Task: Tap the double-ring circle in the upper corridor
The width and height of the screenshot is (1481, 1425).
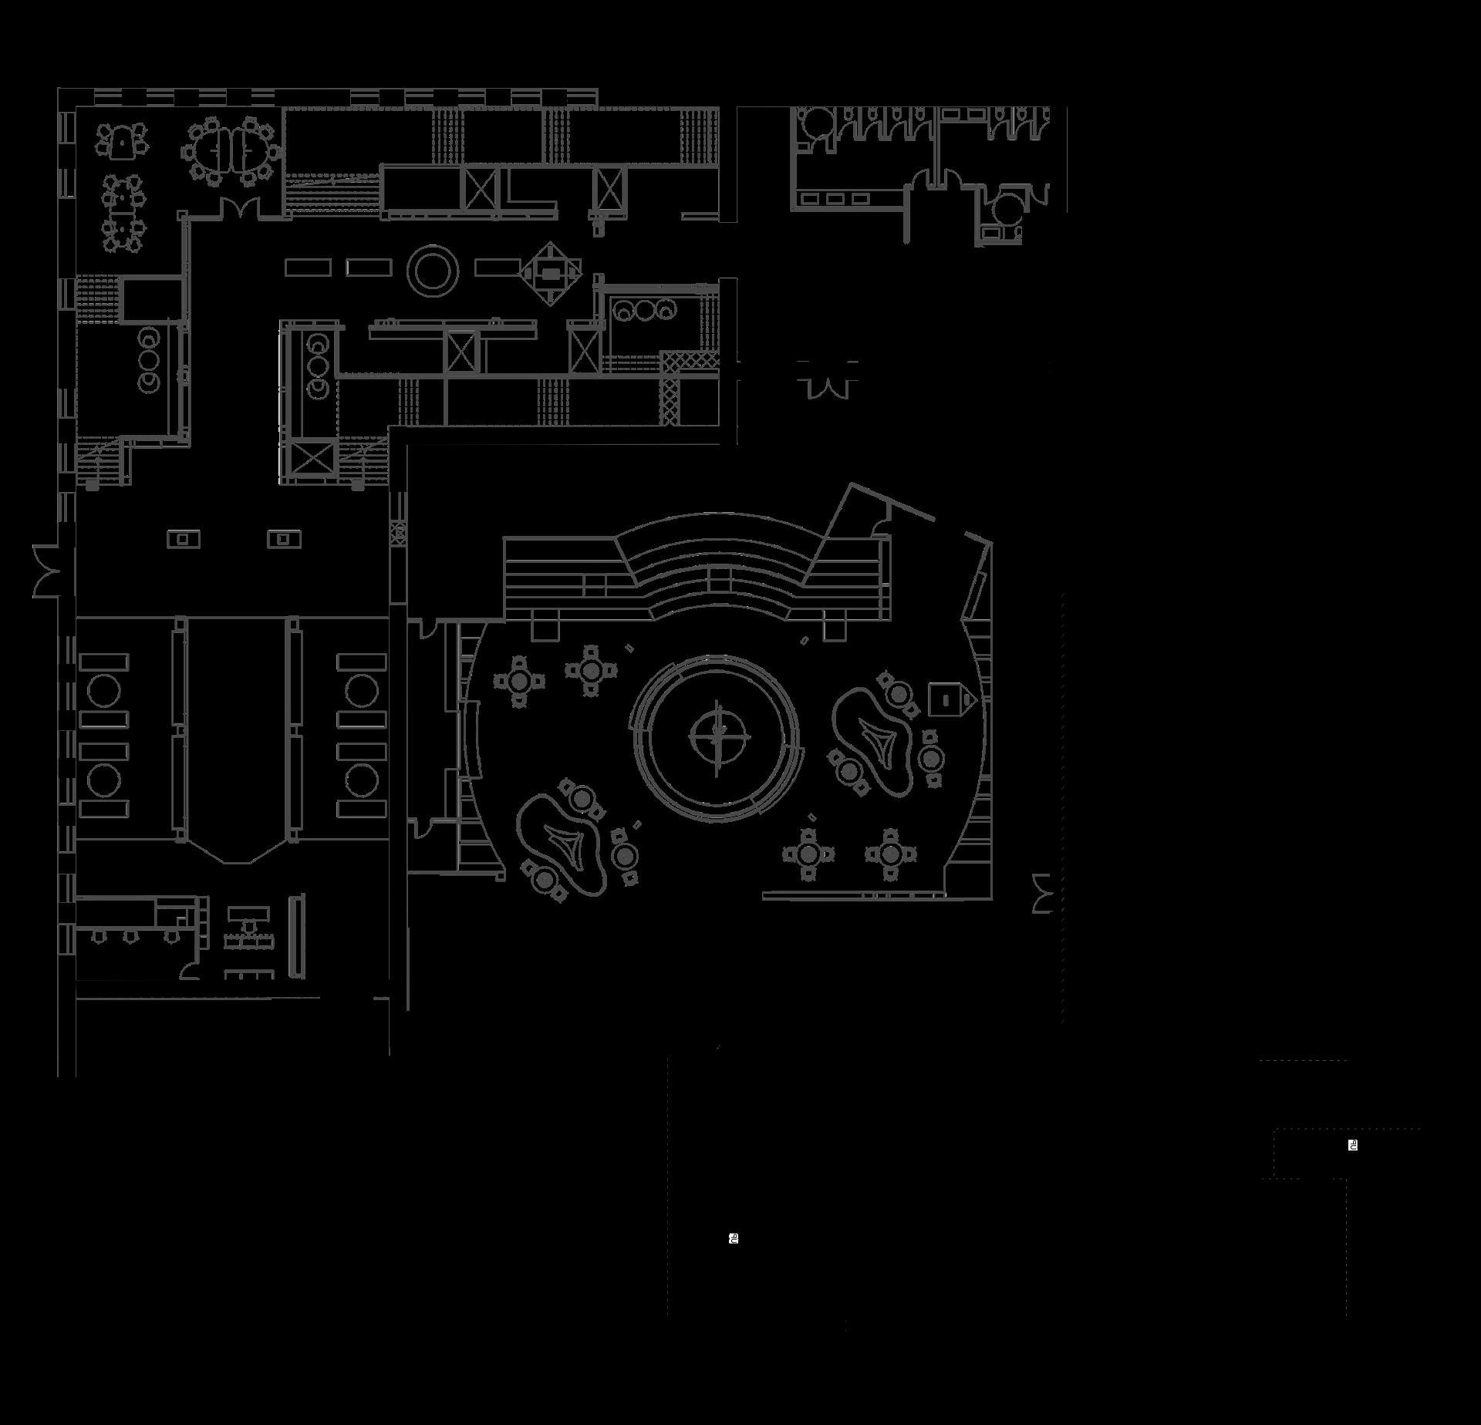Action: pos(433,269)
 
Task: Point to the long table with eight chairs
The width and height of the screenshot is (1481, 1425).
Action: pos(123,213)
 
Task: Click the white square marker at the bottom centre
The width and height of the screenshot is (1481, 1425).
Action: pos(734,1238)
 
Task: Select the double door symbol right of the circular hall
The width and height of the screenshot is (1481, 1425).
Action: pos(1042,894)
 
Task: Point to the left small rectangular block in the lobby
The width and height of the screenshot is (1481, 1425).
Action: pos(184,538)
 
